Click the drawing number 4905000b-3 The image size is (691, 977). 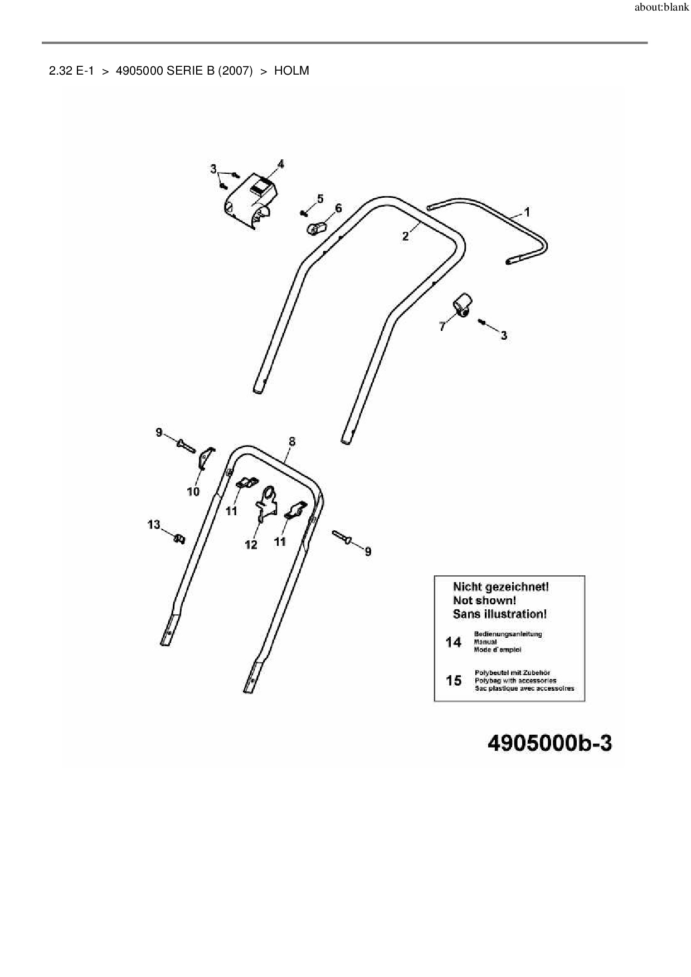coord(549,743)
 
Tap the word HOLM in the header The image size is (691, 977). coord(291,71)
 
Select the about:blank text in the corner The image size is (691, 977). coord(662,8)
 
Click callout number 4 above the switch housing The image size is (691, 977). coord(280,164)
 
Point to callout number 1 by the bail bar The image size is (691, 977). coord(527,212)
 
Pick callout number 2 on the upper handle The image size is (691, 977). coord(406,236)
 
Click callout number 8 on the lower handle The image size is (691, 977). coord(292,442)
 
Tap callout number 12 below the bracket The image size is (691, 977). coord(251,544)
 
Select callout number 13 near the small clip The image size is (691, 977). coord(154,525)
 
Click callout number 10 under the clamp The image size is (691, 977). coord(193,492)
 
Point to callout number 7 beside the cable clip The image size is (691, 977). coord(442,327)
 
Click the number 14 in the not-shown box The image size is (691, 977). coord(454,642)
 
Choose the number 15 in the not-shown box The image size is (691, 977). coord(454,680)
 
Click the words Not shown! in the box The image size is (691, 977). coord(484,600)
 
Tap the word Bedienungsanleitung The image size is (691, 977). coord(508,634)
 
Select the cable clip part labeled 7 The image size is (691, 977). coord(463,304)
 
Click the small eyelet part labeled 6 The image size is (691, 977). coord(316,227)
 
